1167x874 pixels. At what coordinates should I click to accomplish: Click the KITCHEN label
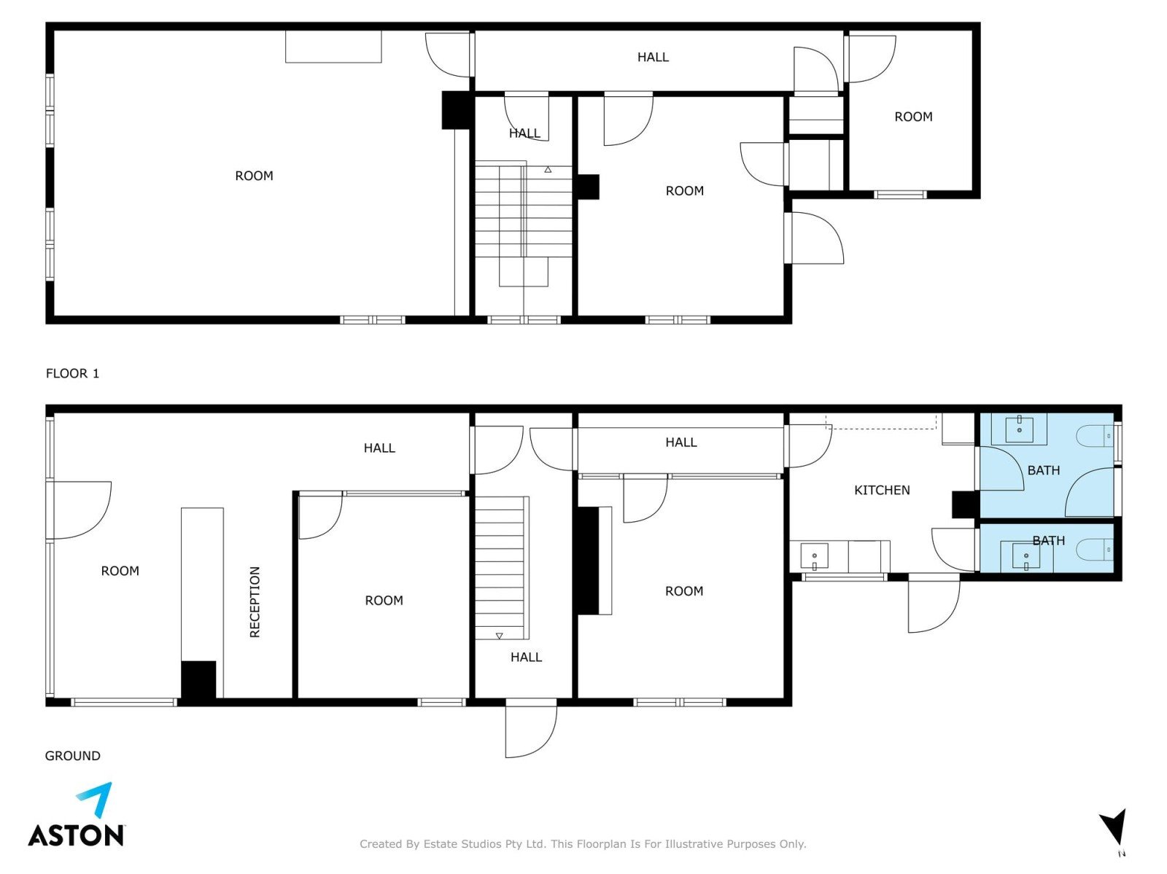click(882, 490)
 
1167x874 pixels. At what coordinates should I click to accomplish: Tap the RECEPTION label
click(255, 601)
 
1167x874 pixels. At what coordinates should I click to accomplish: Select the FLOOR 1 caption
click(72, 373)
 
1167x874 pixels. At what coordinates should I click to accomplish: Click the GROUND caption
click(72, 755)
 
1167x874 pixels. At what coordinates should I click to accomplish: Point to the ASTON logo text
click(76, 835)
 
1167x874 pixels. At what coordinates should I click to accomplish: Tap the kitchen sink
click(814, 555)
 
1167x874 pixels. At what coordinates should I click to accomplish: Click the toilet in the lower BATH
click(1095, 550)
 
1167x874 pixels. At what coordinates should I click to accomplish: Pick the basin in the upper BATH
click(1019, 430)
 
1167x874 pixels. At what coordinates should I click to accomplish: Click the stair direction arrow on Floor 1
click(548, 170)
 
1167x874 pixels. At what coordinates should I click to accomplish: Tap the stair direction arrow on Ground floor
click(499, 636)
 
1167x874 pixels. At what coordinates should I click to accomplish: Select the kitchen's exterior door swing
click(934, 603)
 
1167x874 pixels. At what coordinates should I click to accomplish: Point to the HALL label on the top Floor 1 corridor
click(653, 57)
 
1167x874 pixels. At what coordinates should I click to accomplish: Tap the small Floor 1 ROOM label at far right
click(913, 117)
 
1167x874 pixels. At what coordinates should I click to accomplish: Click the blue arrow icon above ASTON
click(96, 798)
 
